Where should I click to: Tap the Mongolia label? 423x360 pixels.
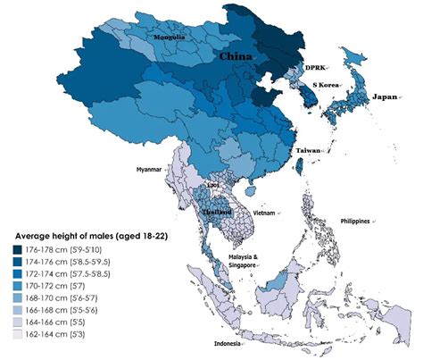tap(169, 38)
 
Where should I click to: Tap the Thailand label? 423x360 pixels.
tap(212, 211)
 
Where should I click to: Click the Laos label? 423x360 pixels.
tap(212, 186)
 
